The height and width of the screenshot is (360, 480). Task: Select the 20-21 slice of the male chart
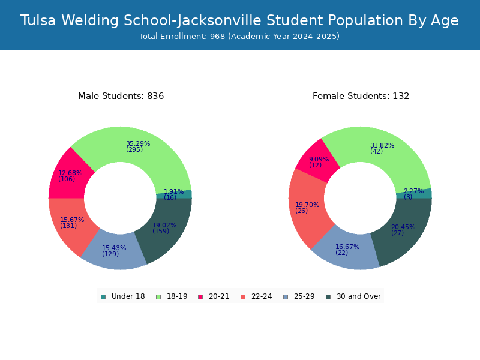[69, 176]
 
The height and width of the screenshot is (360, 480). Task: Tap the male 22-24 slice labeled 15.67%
[72, 223]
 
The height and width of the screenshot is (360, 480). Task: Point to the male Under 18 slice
[174, 194]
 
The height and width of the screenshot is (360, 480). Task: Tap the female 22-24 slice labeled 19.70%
[308, 208]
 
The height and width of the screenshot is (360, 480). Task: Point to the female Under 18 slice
[414, 193]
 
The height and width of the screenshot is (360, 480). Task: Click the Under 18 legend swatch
[103, 297]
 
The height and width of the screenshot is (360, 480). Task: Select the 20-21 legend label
[219, 296]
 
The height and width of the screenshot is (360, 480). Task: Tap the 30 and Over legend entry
[353, 296]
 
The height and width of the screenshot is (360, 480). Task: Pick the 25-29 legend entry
[299, 296]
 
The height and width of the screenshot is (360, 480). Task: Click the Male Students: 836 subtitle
[121, 96]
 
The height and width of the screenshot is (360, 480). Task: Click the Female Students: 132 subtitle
[361, 96]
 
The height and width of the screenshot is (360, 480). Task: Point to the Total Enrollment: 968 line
[239, 37]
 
